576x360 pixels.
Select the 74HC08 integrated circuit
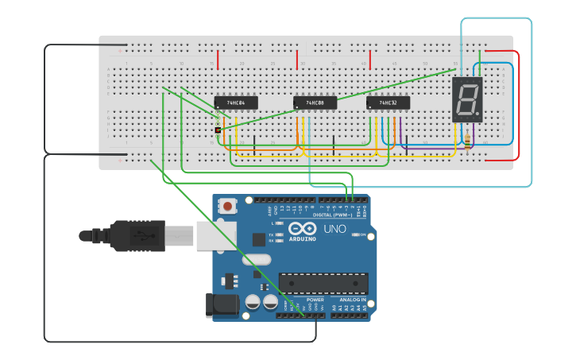pyautogui.click(x=315, y=103)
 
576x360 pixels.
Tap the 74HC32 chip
pyautogui.click(x=388, y=103)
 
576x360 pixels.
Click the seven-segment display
pyautogui.click(x=467, y=99)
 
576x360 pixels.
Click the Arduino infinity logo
pyautogui.click(x=307, y=230)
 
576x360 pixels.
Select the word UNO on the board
pyautogui.click(x=334, y=230)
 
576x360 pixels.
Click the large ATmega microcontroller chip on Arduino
pyautogui.click(x=323, y=282)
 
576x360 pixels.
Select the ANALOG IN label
pyautogui.click(x=354, y=300)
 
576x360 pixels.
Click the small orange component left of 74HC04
pyautogui.click(x=218, y=130)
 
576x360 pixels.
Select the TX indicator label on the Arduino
pyautogui.click(x=271, y=235)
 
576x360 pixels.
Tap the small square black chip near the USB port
pyautogui.click(x=259, y=239)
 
